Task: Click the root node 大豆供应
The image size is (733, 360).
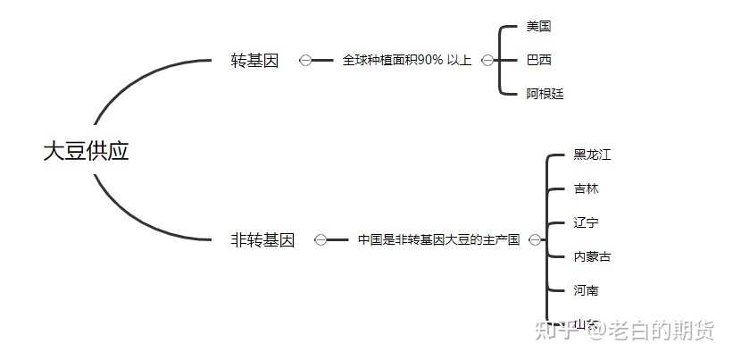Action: point(87,151)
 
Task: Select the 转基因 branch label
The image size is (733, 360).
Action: point(254,61)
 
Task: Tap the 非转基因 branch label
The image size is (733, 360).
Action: point(262,240)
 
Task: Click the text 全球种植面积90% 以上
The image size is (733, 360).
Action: point(406,61)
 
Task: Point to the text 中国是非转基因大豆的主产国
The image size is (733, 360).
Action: point(438,240)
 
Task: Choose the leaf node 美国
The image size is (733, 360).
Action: point(538,27)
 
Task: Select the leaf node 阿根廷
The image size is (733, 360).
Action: point(545,94)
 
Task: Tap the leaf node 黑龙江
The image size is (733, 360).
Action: point(592,155)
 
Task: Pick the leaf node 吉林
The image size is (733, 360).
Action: point(587,188)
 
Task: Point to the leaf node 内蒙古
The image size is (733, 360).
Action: point(592,256)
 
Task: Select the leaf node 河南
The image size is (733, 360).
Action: point(587,290)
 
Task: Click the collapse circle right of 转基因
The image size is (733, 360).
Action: point(305,61)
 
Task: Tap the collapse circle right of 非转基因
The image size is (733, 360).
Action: point(320,240)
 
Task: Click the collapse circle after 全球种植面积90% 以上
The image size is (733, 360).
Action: point(487,61)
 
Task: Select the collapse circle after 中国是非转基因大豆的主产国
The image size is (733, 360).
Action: point(534,240)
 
